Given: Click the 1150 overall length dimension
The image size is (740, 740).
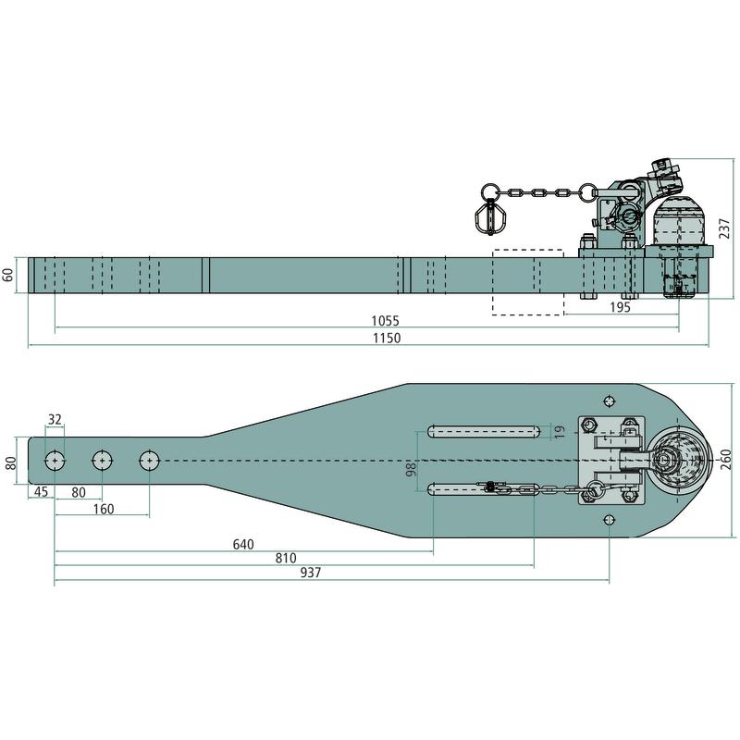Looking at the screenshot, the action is [387, 338].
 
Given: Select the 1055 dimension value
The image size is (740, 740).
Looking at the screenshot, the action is [385, 321].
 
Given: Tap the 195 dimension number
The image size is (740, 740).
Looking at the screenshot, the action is [620, 307].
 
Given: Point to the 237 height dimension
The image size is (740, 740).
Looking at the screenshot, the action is [725, 228].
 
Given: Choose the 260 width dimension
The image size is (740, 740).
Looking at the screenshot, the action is [725, 460].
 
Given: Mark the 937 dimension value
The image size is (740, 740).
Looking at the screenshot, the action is [311, 573].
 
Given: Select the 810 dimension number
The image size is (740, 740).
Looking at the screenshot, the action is [286, 559].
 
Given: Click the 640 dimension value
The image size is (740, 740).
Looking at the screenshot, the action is [243, 545].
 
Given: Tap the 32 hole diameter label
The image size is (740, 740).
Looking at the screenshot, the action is [55, 419].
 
